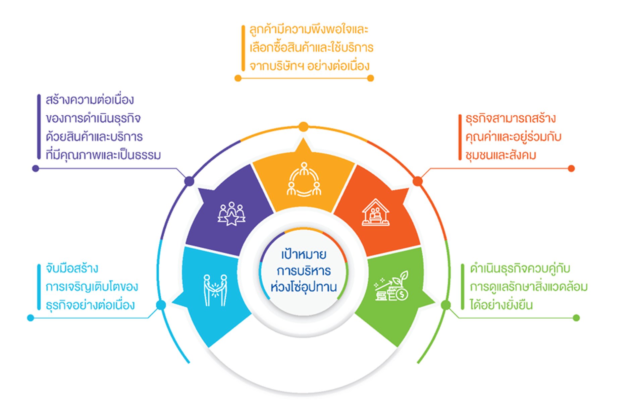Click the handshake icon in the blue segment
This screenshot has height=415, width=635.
(215, 290)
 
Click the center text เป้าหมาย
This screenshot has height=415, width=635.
(304, 254)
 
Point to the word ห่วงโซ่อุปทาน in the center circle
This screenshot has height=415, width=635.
(304, 287)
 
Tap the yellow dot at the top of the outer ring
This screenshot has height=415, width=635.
(303, 127)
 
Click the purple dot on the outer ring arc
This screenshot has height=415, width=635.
(189, 181)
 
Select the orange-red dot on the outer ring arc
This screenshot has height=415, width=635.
(418, 181)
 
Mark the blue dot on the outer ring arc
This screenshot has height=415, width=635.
(161, 305)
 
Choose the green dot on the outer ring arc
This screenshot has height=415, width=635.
(446, 305)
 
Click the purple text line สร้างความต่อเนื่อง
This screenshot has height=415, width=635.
(90, 100)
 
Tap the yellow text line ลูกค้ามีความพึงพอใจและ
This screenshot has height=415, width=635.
(309, 29)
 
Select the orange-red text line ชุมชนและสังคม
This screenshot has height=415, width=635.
(500, 155)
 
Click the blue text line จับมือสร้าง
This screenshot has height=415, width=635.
(72, 269)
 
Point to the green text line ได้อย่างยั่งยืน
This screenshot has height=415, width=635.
(501, 305)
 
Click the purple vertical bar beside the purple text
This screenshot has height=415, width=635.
(39, 127)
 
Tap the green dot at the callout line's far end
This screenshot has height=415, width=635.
(576, 318)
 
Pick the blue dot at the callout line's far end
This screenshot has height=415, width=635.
(31, 318)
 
